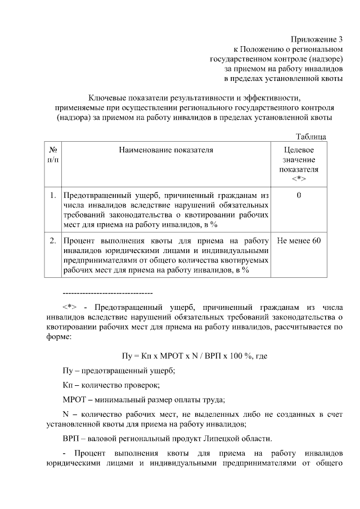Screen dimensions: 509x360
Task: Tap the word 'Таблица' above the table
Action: (310, 137)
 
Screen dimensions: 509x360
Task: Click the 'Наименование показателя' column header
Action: (166, 150)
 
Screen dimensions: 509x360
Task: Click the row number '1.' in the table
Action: (52, 196)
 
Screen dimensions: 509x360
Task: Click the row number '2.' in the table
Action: (52, 241)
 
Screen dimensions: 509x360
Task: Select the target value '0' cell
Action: (299, 196)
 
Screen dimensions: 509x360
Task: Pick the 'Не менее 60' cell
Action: (299, 241)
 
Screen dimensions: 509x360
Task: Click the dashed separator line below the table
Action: (107, 294)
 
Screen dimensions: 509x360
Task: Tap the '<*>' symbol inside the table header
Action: (299, 178)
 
